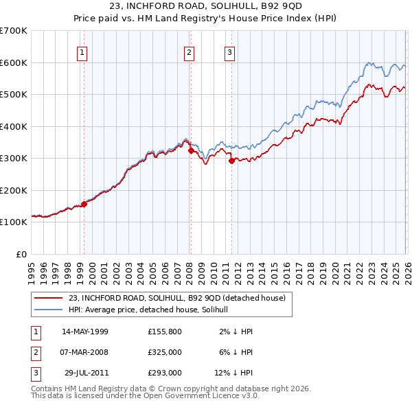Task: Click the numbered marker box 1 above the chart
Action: pos(82,51)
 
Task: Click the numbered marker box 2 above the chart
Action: pos(189,51)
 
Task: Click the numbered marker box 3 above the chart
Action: pos(229,51)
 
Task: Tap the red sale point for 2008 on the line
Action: pos(190,150)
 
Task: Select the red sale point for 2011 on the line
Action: pos(231,161)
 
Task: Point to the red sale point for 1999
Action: pos(84,204)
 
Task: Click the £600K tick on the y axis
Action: pos(14,62)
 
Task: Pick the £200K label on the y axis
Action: pos(14,190)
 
